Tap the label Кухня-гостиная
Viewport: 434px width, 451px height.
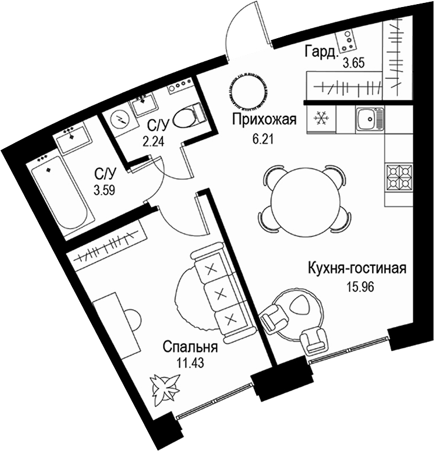tap(357, 269)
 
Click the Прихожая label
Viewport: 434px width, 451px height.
tap(263, 121)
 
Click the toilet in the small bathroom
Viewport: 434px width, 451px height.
tap(188, 113)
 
